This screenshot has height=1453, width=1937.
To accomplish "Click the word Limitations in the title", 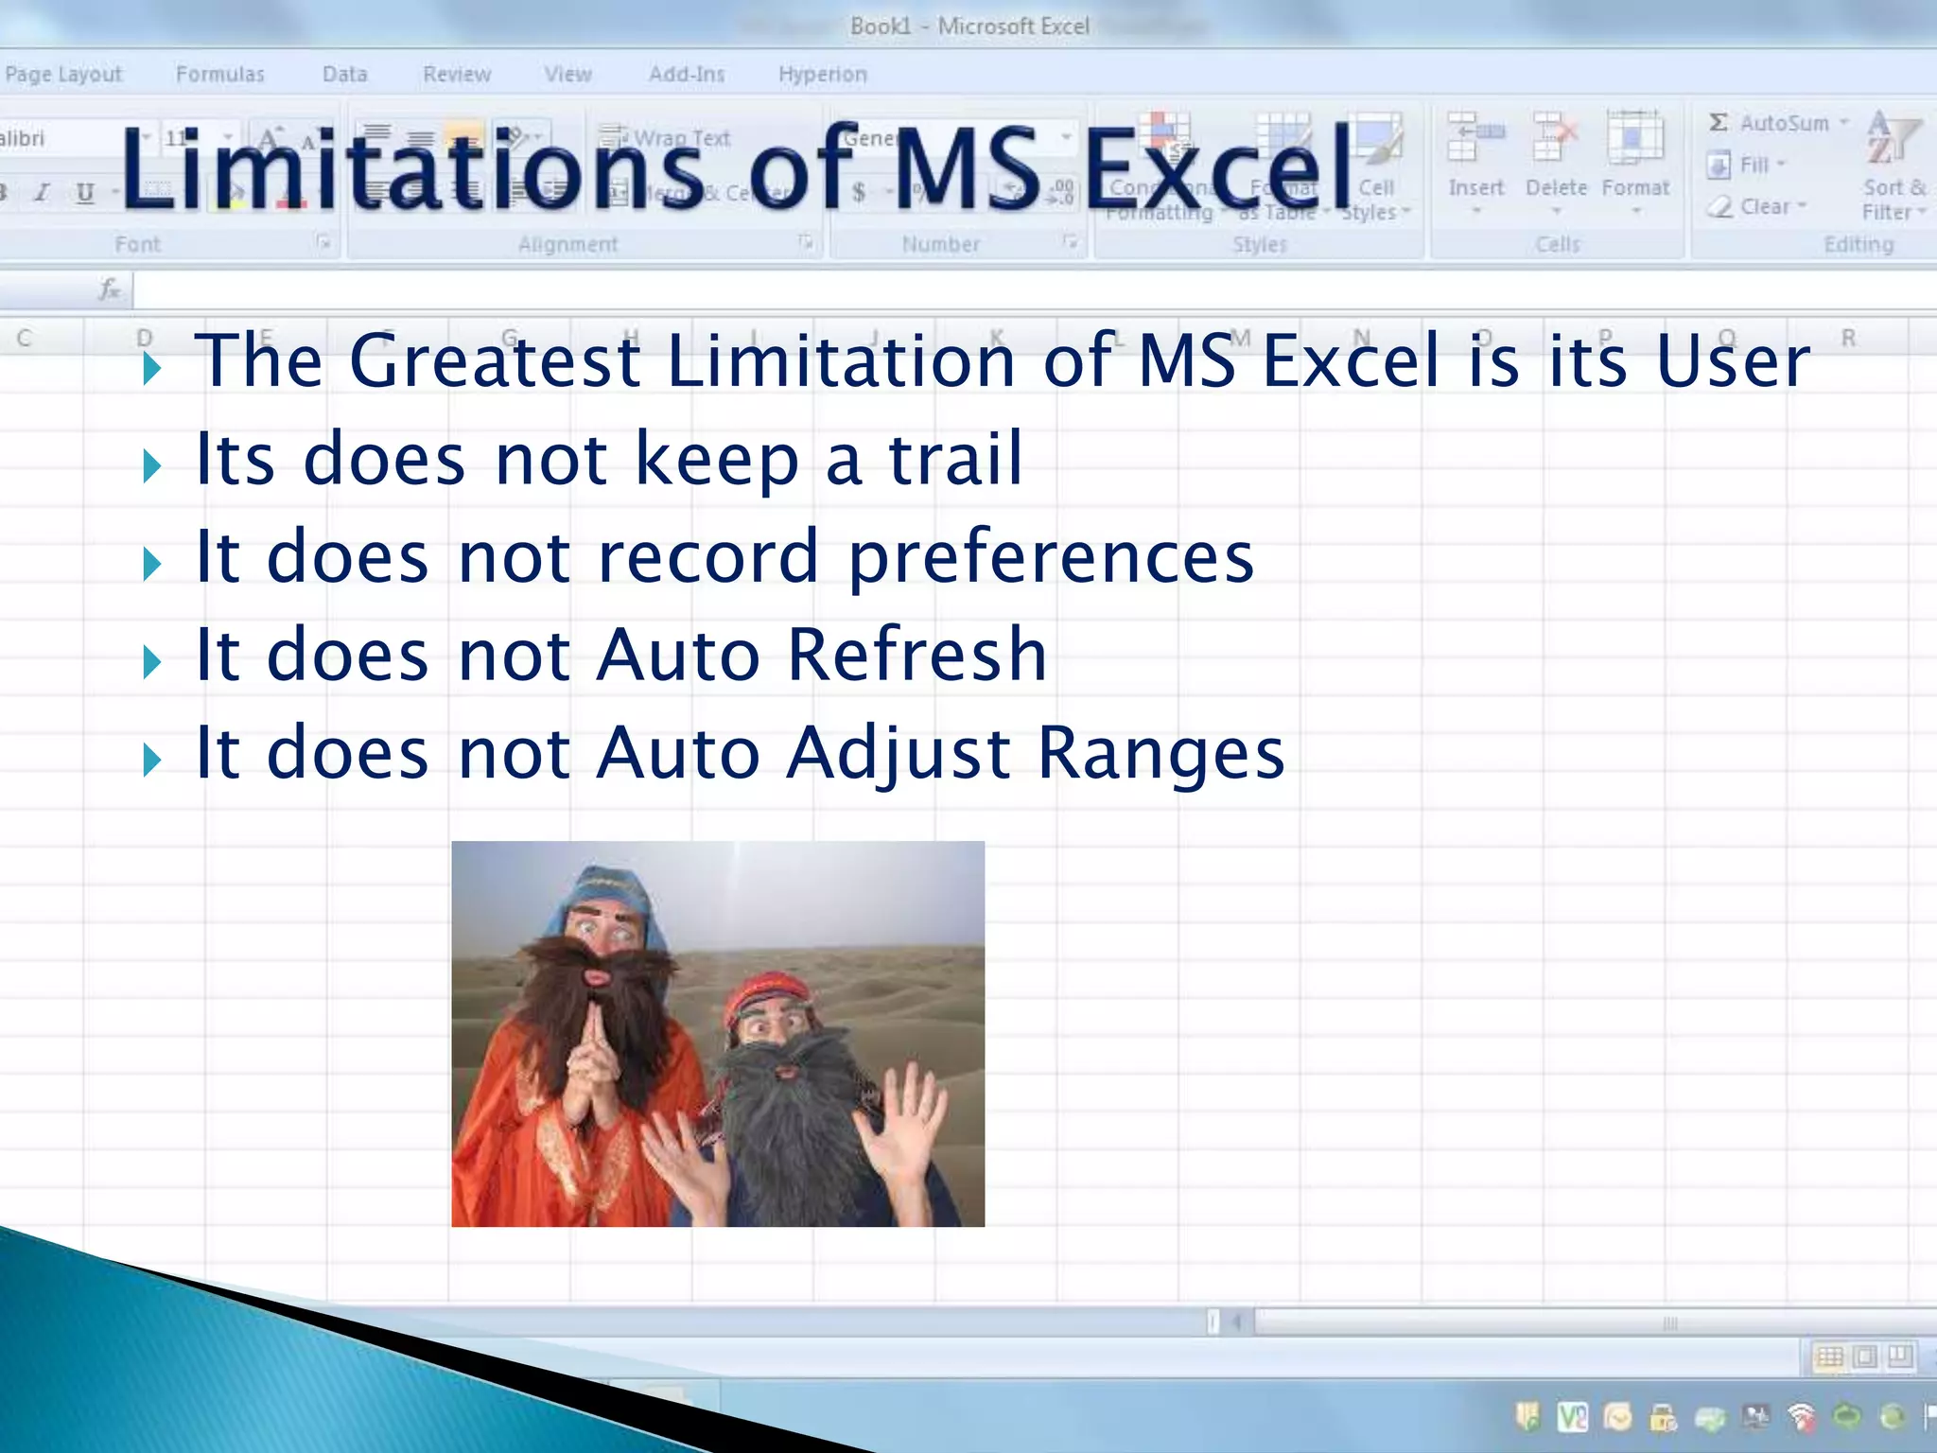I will (411, 170).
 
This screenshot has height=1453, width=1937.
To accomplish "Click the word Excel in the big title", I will (1220, 170).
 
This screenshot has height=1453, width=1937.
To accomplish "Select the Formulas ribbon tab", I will (219, 74).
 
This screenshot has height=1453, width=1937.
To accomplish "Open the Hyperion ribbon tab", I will (822, 74).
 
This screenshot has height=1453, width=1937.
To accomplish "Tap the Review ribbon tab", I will (457, 74).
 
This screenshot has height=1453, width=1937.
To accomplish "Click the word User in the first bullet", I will (1733, 361).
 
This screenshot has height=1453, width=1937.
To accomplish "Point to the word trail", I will (955, 460).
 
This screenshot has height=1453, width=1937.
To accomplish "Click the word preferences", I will (1050, 558).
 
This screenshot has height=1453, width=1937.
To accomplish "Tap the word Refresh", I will (916, 655).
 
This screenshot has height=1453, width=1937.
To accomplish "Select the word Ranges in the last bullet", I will (1160, 754).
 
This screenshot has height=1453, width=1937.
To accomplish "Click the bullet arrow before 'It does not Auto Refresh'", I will (151, 661).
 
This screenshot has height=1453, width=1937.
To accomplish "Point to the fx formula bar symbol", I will (110, 289).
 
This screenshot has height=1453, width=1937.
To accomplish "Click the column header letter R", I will (1847, 338).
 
